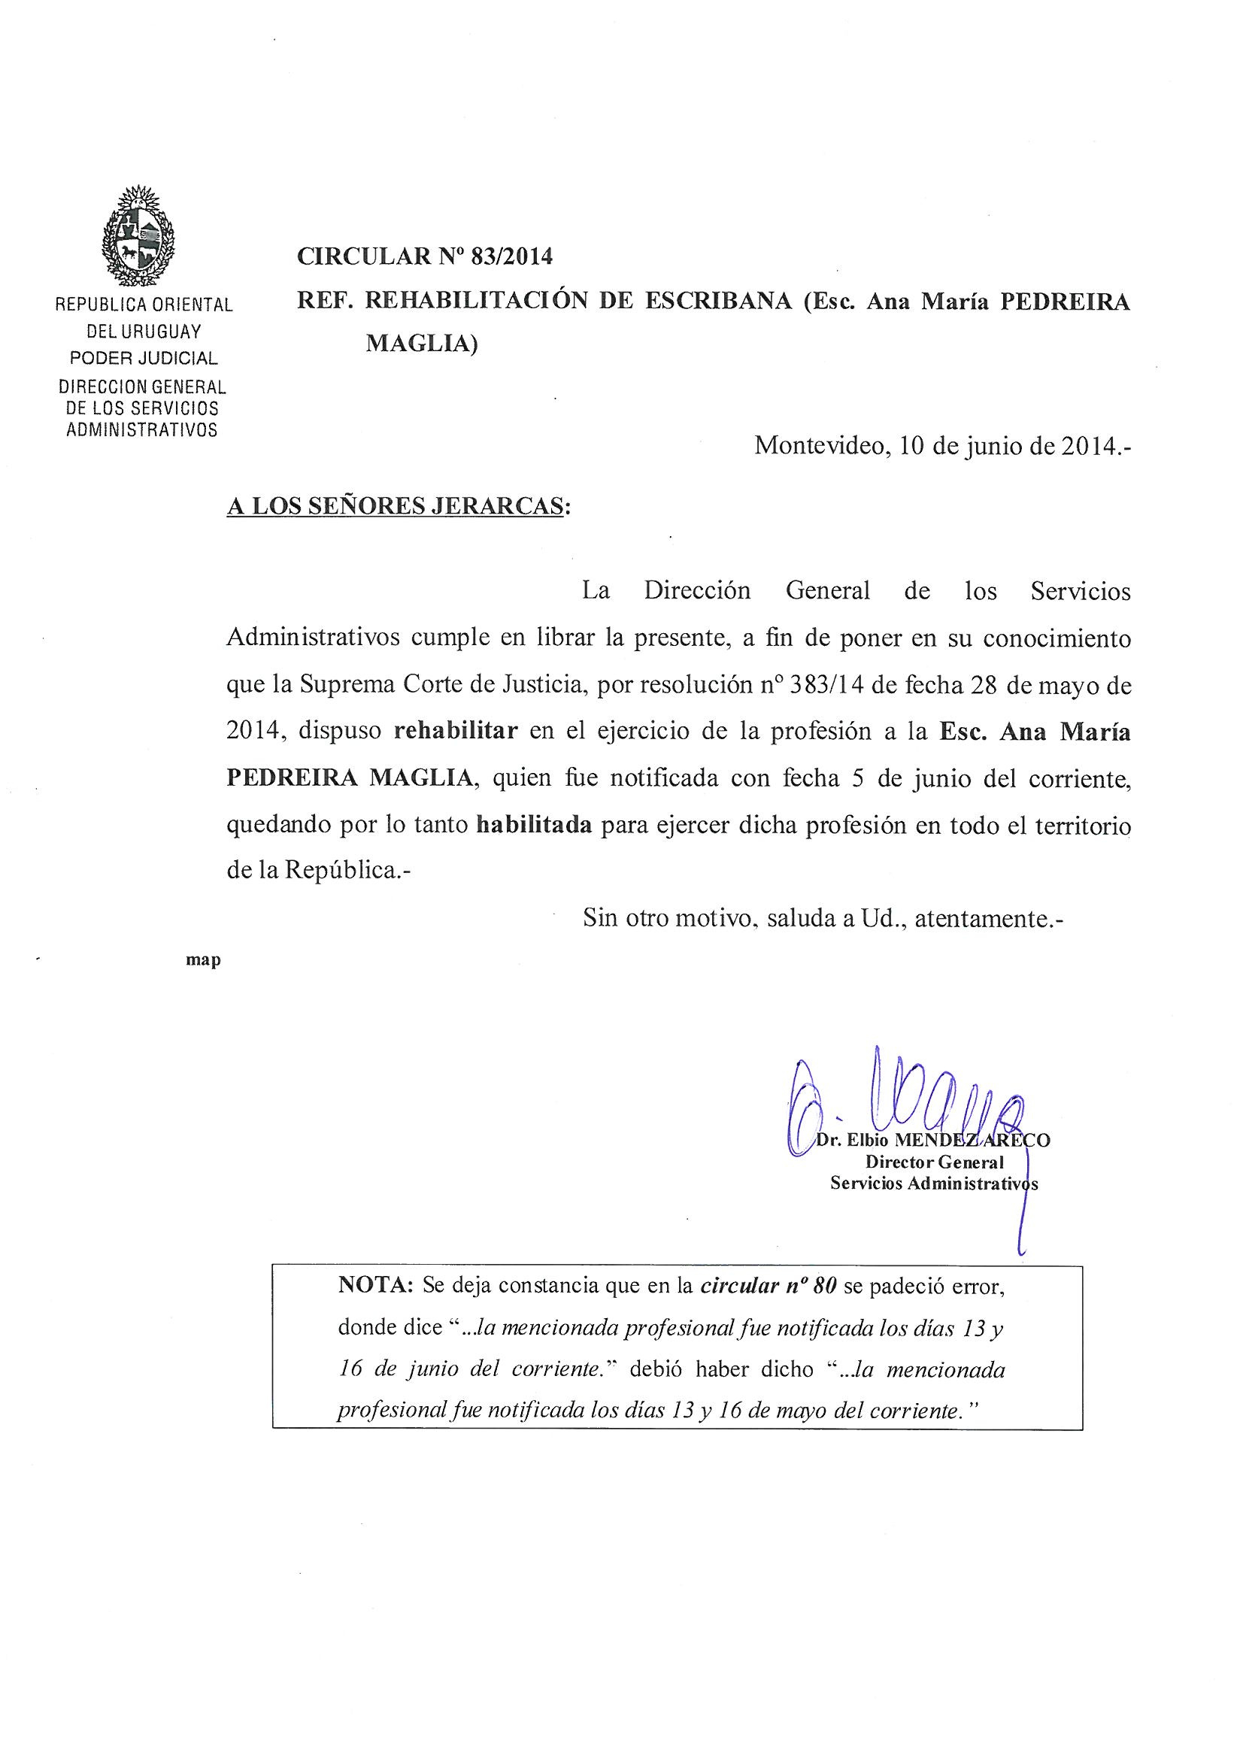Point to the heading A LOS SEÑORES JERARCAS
[x=398, y=506]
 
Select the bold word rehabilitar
[x=456, y=731]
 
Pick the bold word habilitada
[x=535, y=826]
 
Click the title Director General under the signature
[x=935, y=1162]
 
